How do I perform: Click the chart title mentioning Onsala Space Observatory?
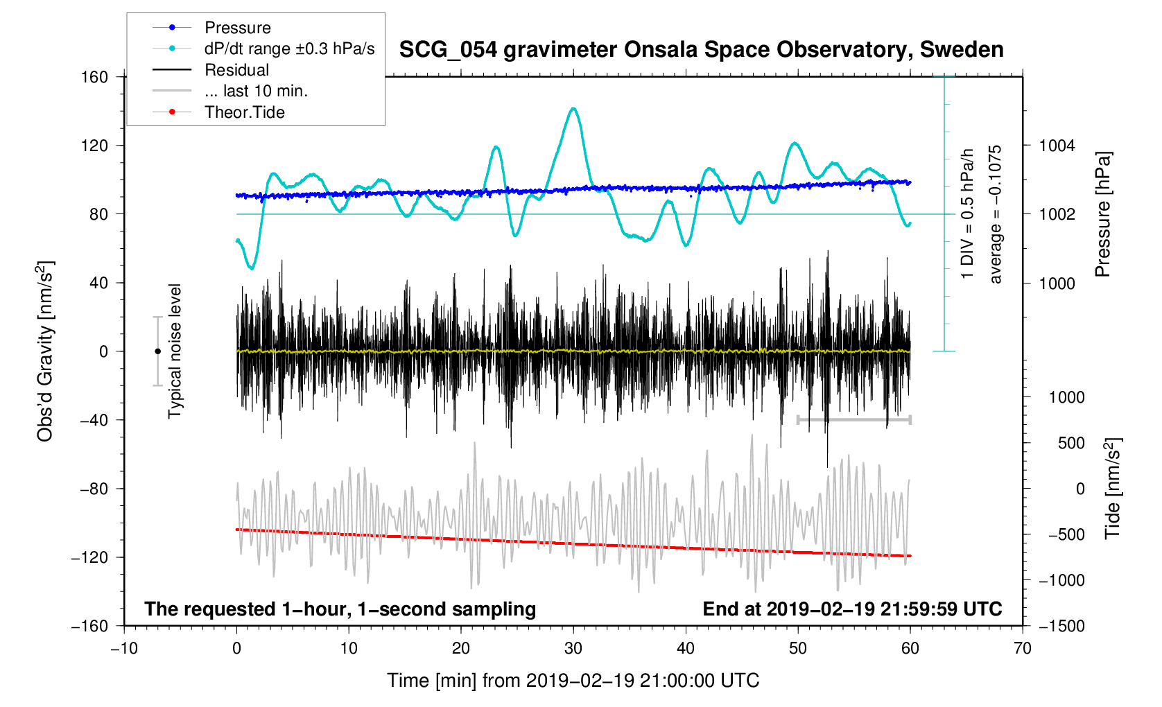[701, 50]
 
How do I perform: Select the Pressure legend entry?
[237, 28]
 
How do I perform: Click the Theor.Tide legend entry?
[244, 112]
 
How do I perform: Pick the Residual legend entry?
[236, 70]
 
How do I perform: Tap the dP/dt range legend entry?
[289, 49]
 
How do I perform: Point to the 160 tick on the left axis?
[94, 77]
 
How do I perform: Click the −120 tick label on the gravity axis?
[89, 557]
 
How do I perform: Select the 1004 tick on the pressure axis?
[1057, 146]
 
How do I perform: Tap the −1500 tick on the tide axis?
[1061, 626]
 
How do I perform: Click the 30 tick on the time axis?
[573, 649]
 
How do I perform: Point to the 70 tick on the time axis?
[1022, 649]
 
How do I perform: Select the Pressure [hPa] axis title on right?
[1103, 215]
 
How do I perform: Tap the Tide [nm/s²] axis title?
[1113, 489]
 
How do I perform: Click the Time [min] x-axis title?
[573, 681]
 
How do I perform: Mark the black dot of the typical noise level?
[157, 351]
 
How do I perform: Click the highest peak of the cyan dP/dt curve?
[573, 109]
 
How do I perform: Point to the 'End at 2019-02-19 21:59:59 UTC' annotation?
[852, 609]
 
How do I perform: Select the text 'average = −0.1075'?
[996, 215]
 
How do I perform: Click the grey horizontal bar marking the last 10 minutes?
[853, 420]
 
